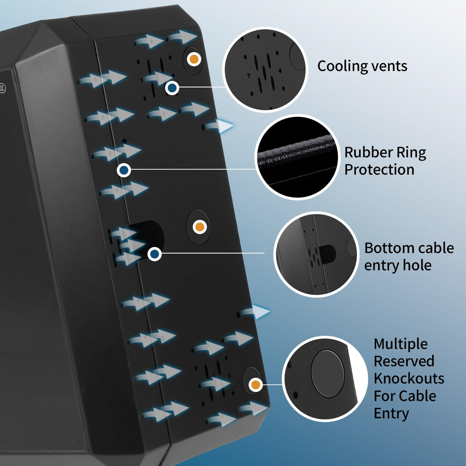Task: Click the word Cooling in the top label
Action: pyautogui.click(x=339, y=66)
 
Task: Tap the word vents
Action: pyautogui.click(x=386, y=66)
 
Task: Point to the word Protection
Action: pyautogui.click(x=379, y=170)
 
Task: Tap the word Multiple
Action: pyautogui.click(x=400, y=344)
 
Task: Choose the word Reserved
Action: pyautogui.click(x=404, y=361)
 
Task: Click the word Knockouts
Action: pyautogui.click(x=409, y=379)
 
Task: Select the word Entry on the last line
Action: pyautogui.click(x=391, y=414)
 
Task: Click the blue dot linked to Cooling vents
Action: pyautogui.click(x=172, y=88)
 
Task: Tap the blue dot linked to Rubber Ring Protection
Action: pyautogui.click(x=124, y=170)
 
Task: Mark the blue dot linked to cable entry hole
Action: pyautogui.click(x=155, y=254)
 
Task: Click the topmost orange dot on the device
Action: pyautogui.click(x=194, y=59)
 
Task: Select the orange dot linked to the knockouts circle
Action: pyautogui.click(x=256, y=384)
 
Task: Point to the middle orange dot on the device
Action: pyautogui.click(x=200, y=227)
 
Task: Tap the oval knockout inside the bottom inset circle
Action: pyautogui.click(x=328, y=373)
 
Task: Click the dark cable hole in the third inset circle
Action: pyautogui.click(x=327, y=254)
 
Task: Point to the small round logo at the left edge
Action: pyautogui.click(x=2, y=89)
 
